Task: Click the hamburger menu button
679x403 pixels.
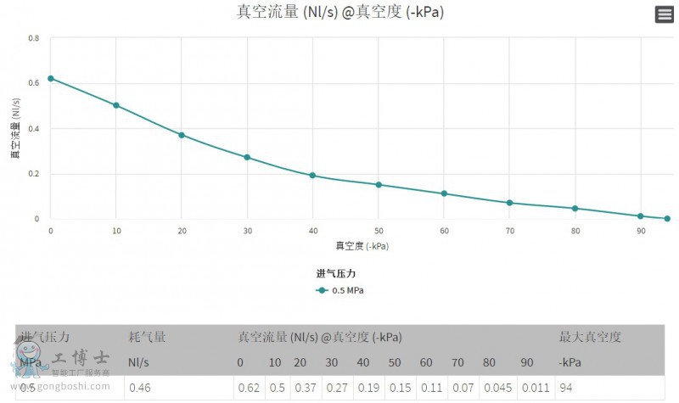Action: [665, 14]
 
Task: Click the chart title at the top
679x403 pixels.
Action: [339, 12]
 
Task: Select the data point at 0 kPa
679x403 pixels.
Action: [51, 78]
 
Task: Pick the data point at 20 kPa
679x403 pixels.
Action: [182, 135]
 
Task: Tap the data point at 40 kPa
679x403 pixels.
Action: [312, 176]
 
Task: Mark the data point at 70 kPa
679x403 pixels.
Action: [509, 203]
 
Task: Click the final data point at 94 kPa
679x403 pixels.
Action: [667, 219]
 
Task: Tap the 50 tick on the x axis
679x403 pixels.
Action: [379, 231]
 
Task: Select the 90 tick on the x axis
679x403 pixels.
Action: [641, 231]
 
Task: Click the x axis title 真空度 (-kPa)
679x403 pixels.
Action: [362, 246]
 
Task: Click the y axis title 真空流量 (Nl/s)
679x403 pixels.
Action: [15, 129]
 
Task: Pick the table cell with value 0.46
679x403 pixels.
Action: [139, 388]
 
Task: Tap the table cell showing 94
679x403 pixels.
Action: [566, 388]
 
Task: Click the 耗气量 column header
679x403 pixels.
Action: [147, 337]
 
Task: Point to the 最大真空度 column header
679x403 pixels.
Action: [590, 337]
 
